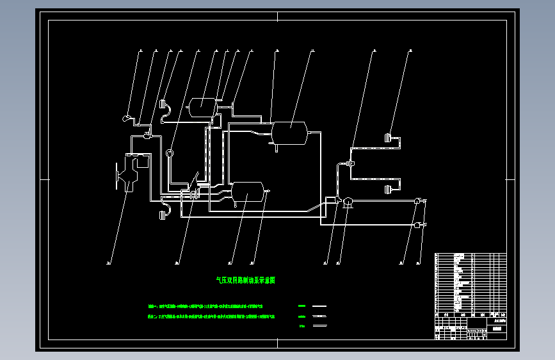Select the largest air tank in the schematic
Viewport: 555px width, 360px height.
[x=289, y=133]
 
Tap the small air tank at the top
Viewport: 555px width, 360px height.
[x=202, y=104]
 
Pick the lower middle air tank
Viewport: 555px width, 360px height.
[x=247, y=190]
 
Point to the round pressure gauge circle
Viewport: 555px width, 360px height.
[x=170, y=152]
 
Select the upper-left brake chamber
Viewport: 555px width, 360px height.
[x=163, y=104]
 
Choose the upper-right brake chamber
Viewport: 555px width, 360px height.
[x=388, y=136]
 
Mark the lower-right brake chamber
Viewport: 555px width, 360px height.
[x=388, y=189]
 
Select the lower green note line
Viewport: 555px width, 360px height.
[x=211, y=316]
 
